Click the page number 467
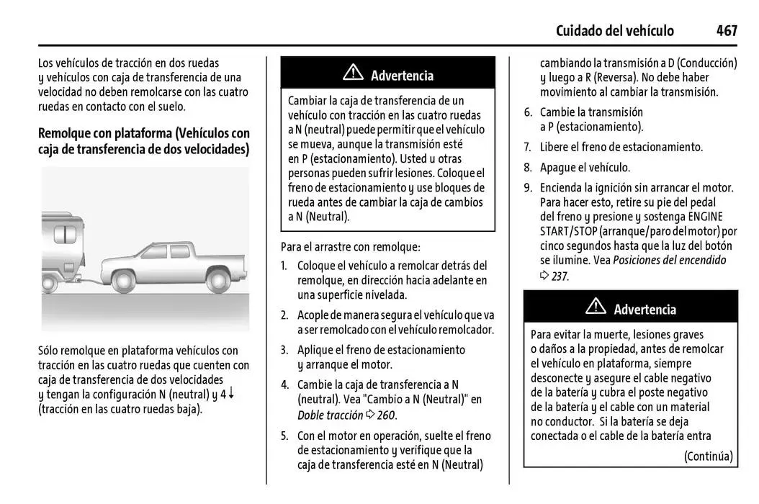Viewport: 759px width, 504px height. (x=726, y=30)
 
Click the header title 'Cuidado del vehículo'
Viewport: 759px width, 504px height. (x=615, y=30)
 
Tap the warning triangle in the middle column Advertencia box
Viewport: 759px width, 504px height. (x=353, y=73)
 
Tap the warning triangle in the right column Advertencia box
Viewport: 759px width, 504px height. (x=596, y=307)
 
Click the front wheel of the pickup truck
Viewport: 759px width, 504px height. (x=122, y=279)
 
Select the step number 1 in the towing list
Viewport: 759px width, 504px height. (x=284, y=266)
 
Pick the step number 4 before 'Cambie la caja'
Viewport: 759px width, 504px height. (x=284, y=384)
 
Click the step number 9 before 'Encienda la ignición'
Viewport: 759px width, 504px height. (x=527, y=188)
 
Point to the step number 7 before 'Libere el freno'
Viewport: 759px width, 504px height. (x=527, y=147)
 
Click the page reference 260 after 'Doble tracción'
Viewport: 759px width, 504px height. (x=387, y=415)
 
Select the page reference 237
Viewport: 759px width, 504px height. (x=560, y=276)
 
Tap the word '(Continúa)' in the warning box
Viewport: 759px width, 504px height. (x=708, y=456)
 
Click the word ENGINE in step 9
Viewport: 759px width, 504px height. (x=706, y=217)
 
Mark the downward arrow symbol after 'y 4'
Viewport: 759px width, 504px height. (x=232, y=393)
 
